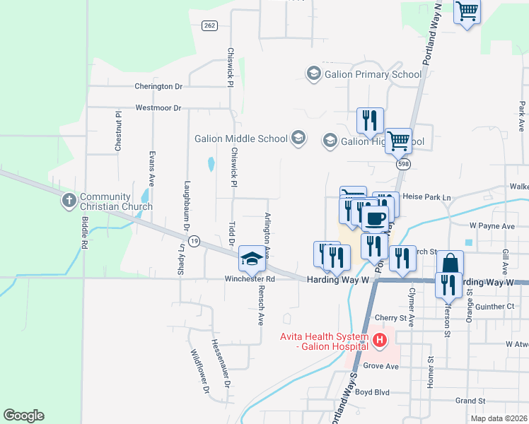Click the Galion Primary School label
[x=373, y=73]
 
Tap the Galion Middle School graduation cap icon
[x=298, y=138]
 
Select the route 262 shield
[x=209, y=25]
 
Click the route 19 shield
[x=194, y=242]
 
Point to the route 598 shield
[x=404, y=163]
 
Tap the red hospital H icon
[x=380, y=341]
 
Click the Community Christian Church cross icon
[x=69, y=201]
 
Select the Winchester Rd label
[x=250, y=279]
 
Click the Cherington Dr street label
[x=158, y=86]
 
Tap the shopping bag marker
[x=450, y=264]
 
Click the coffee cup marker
[x=375, y=218]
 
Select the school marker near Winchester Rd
[x=251, y=259]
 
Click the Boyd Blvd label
[x=373, y=391]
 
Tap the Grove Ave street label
[x=381, y=366]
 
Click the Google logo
[x=23, y=416]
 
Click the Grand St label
[x=470, y=401]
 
